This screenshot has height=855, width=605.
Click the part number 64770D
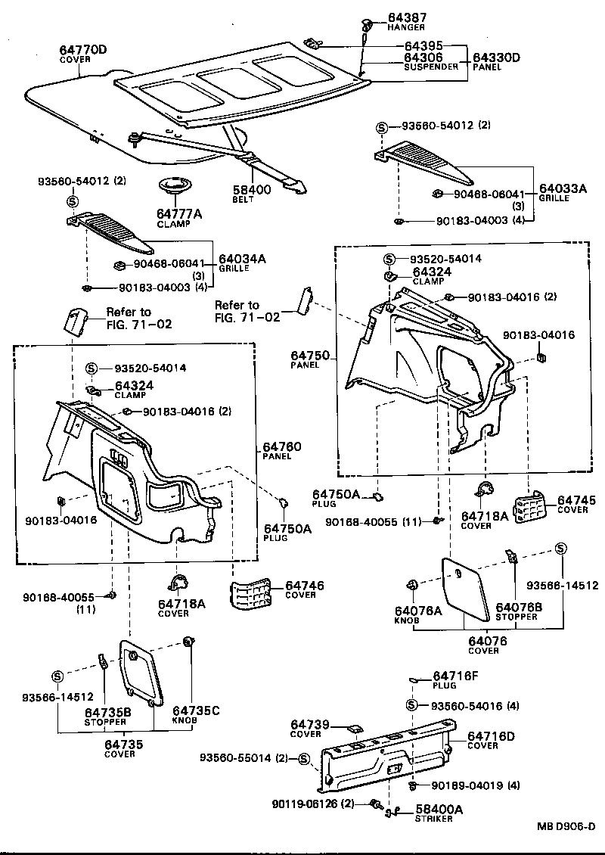pyautogui.click(x=83, y=50)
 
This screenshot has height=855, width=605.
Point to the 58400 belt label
pyautogui.click(x=253, y=190)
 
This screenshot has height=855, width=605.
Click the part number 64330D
pyautogui.click(x=497, y=58)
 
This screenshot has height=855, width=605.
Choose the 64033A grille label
pyautogui.click(x=562, y=189)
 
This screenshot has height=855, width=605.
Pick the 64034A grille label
pyautogui.click(x=242, y=259)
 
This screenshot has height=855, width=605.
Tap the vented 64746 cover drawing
pyautogui.click(x=253, y=594)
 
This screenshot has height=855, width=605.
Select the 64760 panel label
pyautogui.click(x=281, y=447)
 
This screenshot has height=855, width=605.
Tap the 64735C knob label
pyautogui.click(x=195, y=710)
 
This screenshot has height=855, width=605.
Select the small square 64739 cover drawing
pyautogui.click(x=354, y=729)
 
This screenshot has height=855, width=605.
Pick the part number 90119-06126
pyautogui.click(x=301, y=803)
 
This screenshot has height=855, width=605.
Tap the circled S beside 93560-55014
pyautogui.click(x=304, y=758)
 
